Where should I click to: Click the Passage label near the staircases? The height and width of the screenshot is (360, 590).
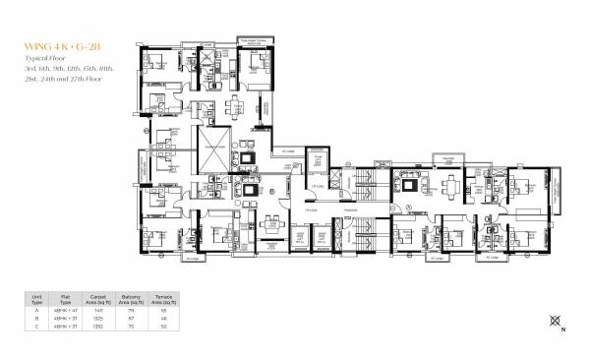click(x=348, y=208)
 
